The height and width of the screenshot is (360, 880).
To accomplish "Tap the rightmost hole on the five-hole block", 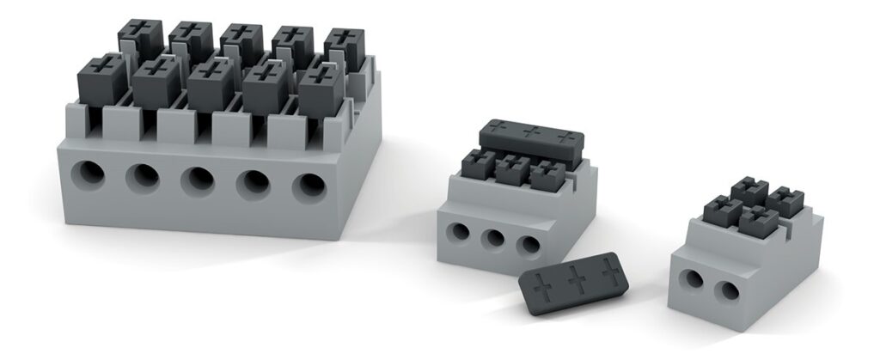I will tap(309, 186).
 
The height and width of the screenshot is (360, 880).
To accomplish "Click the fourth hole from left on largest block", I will tap(254, 183).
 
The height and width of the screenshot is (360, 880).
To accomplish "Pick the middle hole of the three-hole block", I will tap(493, 238).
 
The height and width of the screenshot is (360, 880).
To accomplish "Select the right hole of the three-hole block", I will tap(529, 244).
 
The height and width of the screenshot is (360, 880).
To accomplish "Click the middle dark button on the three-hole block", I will tap(512, 169).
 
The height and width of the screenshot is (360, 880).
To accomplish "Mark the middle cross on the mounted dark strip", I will tap(532, 132).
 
